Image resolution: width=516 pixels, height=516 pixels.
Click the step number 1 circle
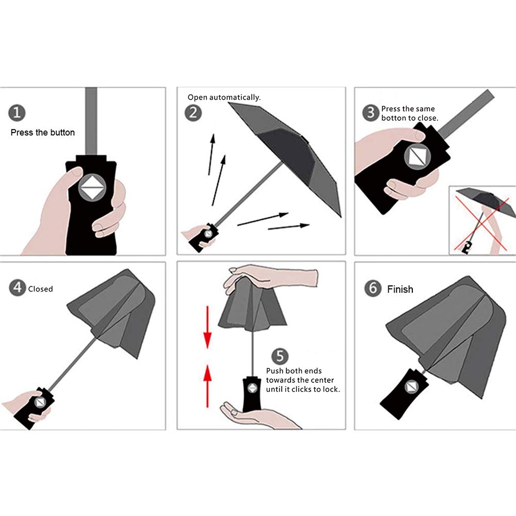click(x=17, y=113)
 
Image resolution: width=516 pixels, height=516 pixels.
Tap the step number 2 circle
click(x=193, y=113)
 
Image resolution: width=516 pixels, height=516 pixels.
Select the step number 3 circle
click(x=371, y=113)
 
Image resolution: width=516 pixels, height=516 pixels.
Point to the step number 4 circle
click(x=18, y=287)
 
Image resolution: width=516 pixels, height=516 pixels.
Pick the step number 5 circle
click(x=280, y=356)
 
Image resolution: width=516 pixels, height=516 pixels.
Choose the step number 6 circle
click(x=373, y=288)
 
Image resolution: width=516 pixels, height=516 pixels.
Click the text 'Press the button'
click(x=43, y=133)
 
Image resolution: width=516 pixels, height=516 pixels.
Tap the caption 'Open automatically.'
click(x=224, y=98)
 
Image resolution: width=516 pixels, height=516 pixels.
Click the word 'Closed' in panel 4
click(x=40, y=289)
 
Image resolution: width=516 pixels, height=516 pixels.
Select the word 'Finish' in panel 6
click(x=400, y=289)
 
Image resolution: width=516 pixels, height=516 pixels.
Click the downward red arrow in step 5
click(x=207, y=327)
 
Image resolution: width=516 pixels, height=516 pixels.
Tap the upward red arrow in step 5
click(x=207, y=385)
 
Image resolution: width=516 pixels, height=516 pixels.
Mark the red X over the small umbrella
click(x=481, y=223)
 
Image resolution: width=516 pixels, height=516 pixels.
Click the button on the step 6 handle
click(x=411, y=387)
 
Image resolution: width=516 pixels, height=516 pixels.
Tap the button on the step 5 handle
click(x=252, y=388)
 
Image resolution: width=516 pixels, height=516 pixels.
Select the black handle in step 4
click(x=35, y=408)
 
